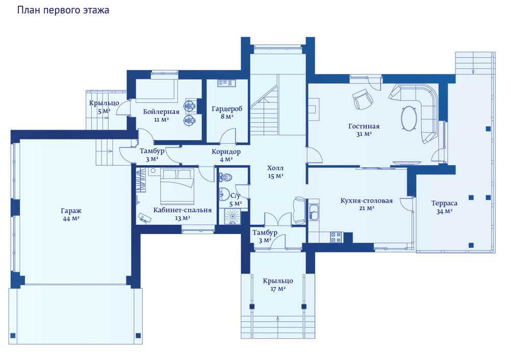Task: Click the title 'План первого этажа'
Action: pyautogui.click(x=63, y=10)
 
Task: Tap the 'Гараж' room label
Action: pyautogui.click(x=71, y=211)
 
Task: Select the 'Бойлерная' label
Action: pyautogui.click(x=161, y=112)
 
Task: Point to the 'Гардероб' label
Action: pyautogui.click(x=227, y=109)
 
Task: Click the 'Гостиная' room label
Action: pyautogui.click(x=364, y=126)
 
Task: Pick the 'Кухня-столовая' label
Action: pyautogui.click(x=367, y=200)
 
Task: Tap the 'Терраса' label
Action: pyautogui.click(x=444, y=203)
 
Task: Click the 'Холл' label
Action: pyautogui.click(x=275, y=168)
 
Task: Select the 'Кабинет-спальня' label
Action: pyautogui.click(x=183, y=211)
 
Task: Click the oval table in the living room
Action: pyautogui.click(x=410, y=118)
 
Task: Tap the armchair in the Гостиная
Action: pyautogui.click(x=363, y=99)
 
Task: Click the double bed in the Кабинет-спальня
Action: pyautogui.click(x=177, y=186)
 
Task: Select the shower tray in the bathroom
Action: pyautogui.click(x=232, y=216)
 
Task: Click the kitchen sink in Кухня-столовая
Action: pyautogui.click(x=314, y=212)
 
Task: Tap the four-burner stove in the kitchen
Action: pyautogui.click(x=336, y=237)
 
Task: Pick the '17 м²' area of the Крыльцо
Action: pyautogui.click(x=278, y=289)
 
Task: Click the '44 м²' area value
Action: pyautogui.click(x=71, y=219)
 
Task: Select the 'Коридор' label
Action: pyautogui.click(x=226, y=151)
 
